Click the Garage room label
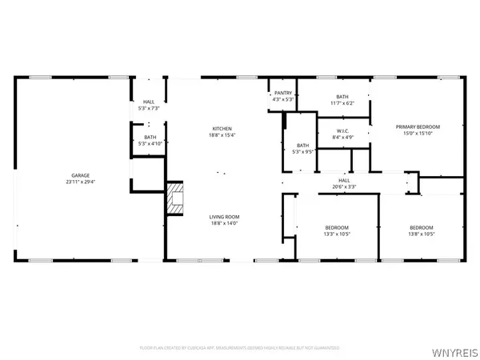(x=79, y=175)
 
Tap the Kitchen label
(x=222, y=129)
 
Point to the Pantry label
(x=283, y=94)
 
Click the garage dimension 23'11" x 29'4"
(x=79, y=182)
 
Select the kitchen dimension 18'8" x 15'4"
(x=222, y=135)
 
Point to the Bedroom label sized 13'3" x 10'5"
(x=337, y=227)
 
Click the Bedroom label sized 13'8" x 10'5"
(x=422, y=227)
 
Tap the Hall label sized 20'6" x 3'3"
(x=344, y=181)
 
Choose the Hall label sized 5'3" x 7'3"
(x=149, y=102)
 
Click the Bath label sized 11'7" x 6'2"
(x=342, y=97)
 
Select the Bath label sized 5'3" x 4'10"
(x=149, y=138)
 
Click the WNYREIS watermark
(x=456, y=350)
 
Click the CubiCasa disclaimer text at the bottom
(x=240, y=348)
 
